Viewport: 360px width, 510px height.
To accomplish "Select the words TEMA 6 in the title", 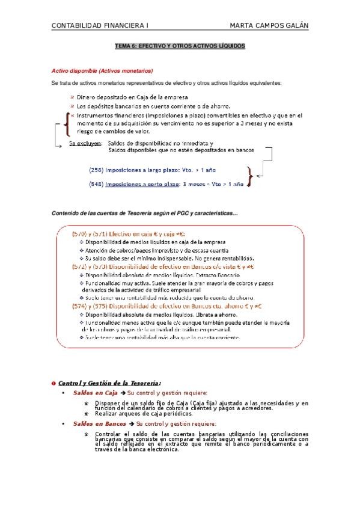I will pos(126,46).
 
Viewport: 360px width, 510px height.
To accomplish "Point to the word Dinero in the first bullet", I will pos(88,97).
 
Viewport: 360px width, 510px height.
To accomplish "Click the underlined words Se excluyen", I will pos(84,143).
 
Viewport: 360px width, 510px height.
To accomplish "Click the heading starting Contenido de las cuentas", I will pos(144,213).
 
